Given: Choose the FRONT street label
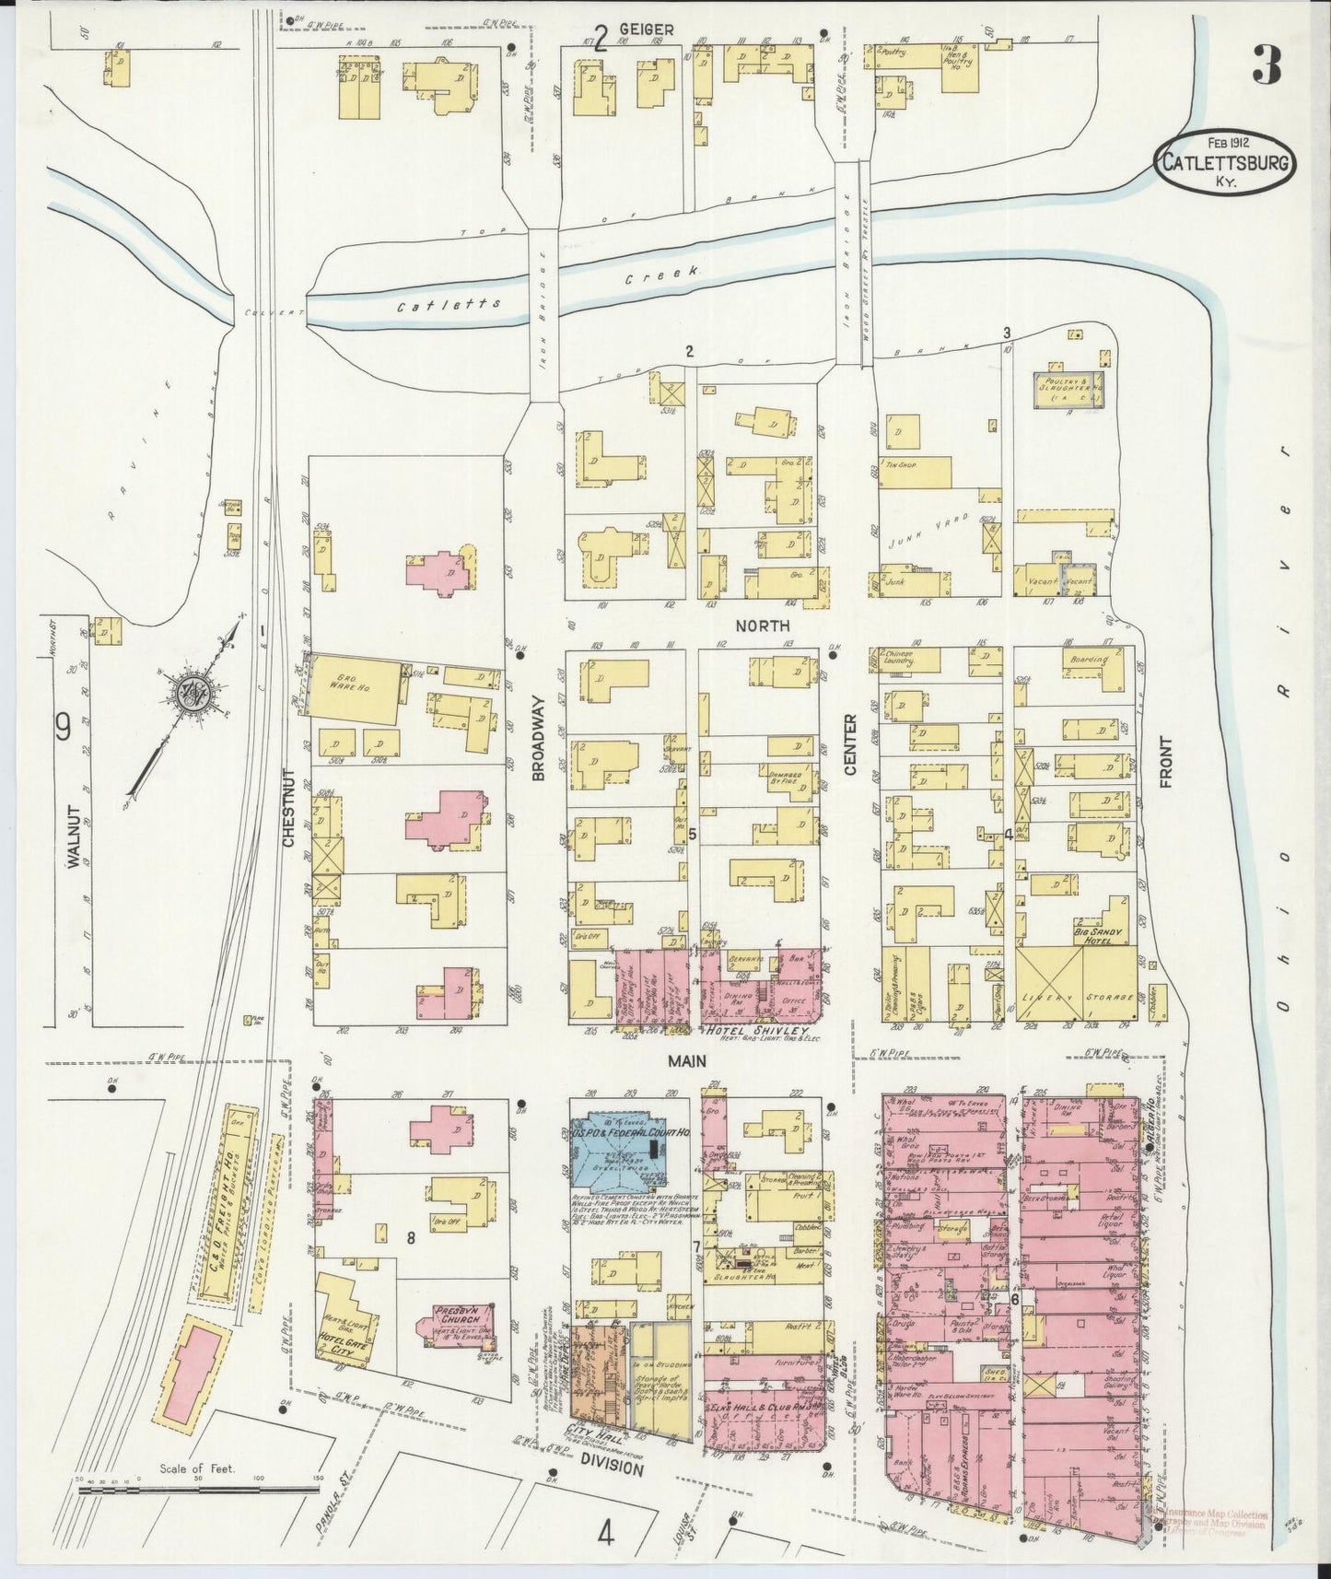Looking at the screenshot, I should click(1165, 762).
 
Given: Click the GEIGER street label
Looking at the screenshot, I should click(645, 29).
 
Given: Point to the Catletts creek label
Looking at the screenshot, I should click(449, 305).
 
